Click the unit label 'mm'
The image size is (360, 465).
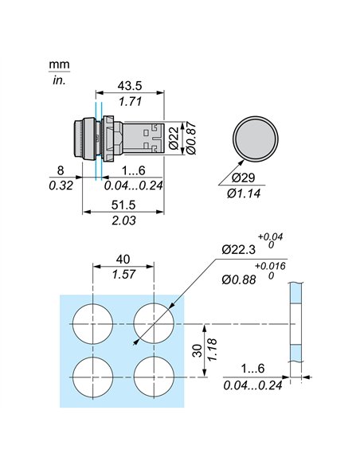click(58, 64)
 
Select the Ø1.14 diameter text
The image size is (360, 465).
click(247, 192)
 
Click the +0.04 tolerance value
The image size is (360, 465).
click(272, 236)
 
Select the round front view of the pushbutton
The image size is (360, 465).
click(252, 135)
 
